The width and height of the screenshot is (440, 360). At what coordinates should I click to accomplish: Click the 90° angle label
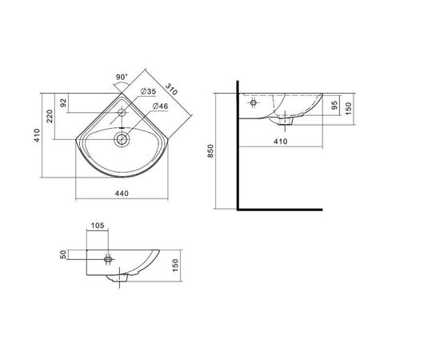pyautogui.click(x=122, y=77)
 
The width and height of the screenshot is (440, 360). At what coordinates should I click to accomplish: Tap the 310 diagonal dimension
pyautogui.click(x=171, y=89)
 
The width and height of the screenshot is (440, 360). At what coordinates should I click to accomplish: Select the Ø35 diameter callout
pyautogui.click(x=148, y=91)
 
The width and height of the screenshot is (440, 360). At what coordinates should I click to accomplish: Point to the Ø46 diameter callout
pyautogui.click(x=160, y=106)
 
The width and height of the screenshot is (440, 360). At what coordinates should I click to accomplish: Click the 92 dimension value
pyautogui.click(x=64, y=102)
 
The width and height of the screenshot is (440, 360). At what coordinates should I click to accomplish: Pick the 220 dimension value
pyautogui.click(x=50, y=116)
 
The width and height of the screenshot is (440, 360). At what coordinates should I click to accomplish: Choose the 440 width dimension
pyautogui.click(x=122, y=194)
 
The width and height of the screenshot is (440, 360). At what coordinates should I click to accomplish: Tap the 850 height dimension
pyautogui.click(x=210, y=150)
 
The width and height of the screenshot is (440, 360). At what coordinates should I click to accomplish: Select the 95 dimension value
pyautogui.click(x=334, y=105)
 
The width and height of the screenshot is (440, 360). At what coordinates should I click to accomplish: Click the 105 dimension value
pyautogui.click(x=98, y=226)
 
